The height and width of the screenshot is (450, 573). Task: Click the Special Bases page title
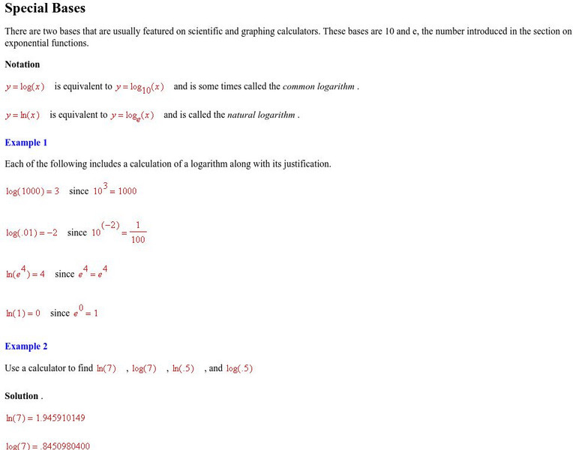tap(45, 9)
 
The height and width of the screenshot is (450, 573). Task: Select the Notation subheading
tap(22, 64)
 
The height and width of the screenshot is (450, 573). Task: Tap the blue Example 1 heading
tap(26, 142)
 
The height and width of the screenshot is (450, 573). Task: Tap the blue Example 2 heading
tap(26, 346)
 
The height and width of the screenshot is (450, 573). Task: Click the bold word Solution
tap(22, 396)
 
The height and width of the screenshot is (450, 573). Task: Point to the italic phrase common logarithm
tap(319, 86)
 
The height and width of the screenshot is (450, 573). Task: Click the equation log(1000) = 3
tap(32, 191)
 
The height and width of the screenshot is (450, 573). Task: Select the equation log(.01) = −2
tap(31, 232)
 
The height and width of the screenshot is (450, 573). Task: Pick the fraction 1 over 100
tap(138, 233)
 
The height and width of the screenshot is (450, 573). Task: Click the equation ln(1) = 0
tap(23, 313)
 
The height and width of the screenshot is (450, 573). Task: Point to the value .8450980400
tap(69, 445)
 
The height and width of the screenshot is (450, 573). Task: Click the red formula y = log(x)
tap(25, 86)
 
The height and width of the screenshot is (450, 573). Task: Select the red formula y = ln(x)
tap(22, 115)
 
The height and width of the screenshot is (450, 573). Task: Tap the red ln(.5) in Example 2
tap(183, 368)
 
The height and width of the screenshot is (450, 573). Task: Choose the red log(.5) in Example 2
tap(239, 368)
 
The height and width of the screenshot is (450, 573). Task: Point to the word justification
tap(304, 163)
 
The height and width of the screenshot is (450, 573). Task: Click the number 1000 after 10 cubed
tap(127, 191)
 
